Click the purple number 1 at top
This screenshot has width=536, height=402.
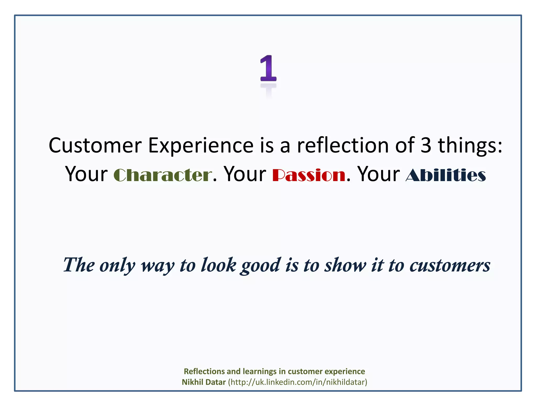[x=268, y=69]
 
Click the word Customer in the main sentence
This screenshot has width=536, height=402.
[x=95, y=145]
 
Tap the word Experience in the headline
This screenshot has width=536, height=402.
[x=201, y=145]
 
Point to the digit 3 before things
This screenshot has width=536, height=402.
[x=426, y=145]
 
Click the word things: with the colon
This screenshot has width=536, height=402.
[x=470, y=145]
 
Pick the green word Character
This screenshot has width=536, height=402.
[x=163, y=175]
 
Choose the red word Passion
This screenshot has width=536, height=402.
[x=309, y=175]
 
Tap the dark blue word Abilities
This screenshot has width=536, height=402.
[x=446, y=175]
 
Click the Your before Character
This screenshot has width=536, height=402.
[x=86, y=174]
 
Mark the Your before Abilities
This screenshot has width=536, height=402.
[x=378, y=174]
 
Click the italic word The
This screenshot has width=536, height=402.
[x=79, y=265]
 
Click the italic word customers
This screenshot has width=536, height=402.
[x=450, y=265]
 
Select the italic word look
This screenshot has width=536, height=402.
[x=218, y=265]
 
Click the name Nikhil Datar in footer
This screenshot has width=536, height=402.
[x=204, y=382]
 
